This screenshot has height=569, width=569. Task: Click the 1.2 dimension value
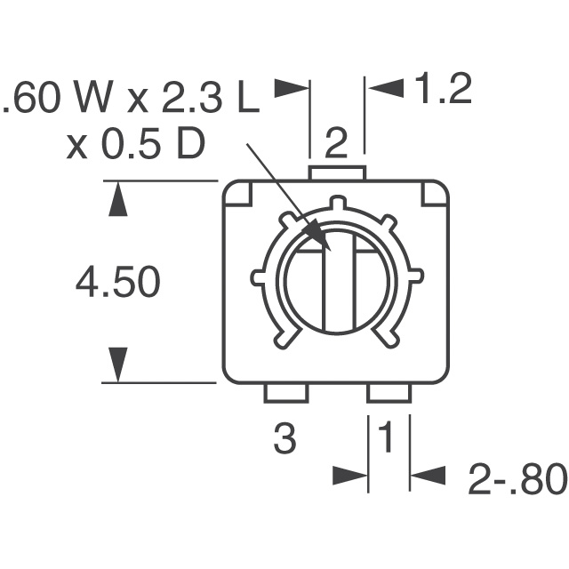[x=442, y=91]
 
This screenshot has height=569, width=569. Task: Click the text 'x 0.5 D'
[x=135, y=145]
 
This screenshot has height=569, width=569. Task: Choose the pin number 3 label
[x=284, y=439]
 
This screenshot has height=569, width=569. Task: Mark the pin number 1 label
[x=387, y=437]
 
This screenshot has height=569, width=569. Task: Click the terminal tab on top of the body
[x=337, y=172]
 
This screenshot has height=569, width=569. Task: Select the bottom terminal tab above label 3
[x=285, y=391]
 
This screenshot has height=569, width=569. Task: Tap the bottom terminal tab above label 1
[x=389, y=391]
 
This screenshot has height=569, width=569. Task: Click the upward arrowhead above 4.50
[x=116, y=202]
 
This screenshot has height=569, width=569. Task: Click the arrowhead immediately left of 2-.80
[x=430, y=477]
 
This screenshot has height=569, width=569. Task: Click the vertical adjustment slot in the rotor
[x=337, y=280]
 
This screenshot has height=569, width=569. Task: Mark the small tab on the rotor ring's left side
[x=259, y=277]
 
